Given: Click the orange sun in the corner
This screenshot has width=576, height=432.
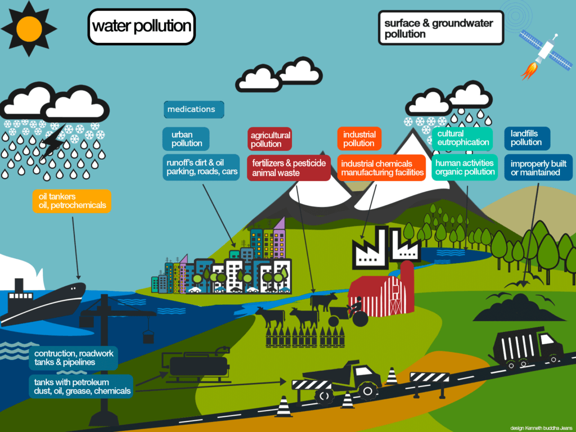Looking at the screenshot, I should pos(28,28).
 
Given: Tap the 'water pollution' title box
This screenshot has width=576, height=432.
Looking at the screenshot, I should pos(141,26).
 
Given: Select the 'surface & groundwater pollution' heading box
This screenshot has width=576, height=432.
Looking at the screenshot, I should pos(440,28).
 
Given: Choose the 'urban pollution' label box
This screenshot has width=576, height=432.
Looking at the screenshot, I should pos(186,138).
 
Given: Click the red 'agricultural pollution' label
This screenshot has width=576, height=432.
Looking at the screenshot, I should pos(270,139).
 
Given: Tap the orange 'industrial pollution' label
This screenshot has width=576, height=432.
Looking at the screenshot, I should pos(359,139).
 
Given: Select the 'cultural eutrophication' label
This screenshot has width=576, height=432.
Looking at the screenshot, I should pos(462,138).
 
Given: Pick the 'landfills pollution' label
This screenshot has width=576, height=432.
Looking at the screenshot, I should pos(526,138).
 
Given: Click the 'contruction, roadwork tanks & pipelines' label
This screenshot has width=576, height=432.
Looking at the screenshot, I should pos(74,358).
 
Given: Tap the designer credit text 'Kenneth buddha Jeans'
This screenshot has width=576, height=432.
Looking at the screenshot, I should pos(541,427).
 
